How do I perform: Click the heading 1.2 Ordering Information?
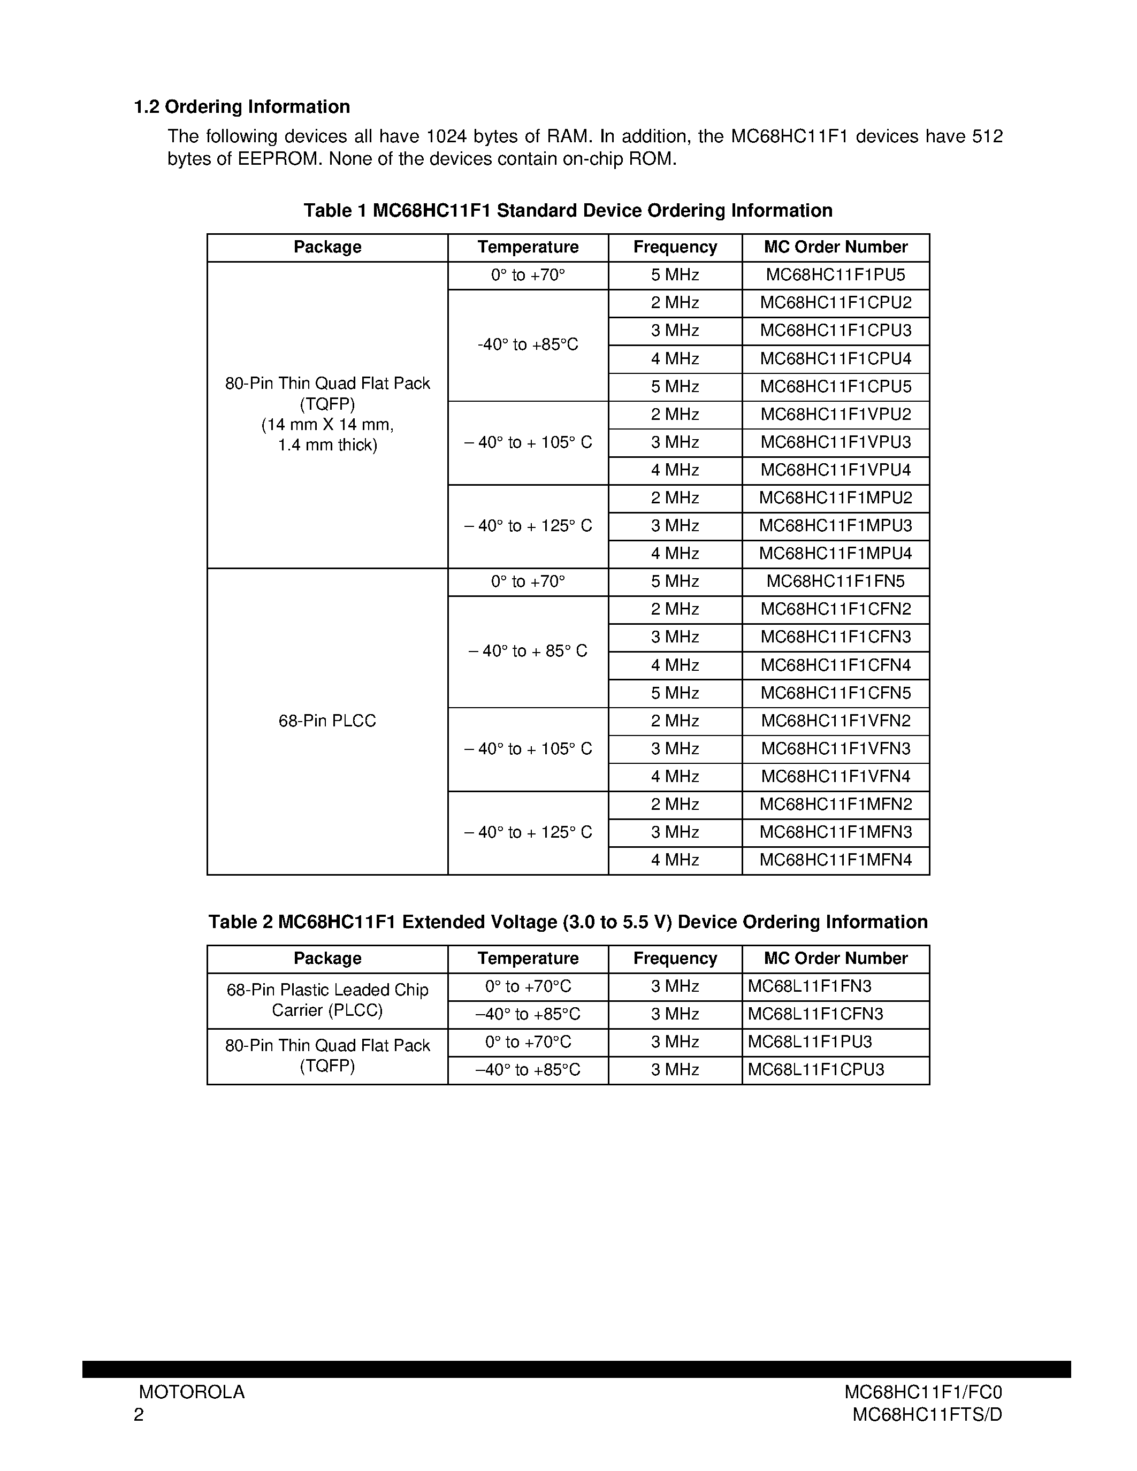[x=242, y=107]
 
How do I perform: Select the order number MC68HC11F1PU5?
[x=835, y=275]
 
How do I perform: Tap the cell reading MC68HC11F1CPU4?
[x=835, y=358]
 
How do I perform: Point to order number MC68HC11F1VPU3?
[x=835, y=442]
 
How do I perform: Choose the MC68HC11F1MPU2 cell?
[x=835, y=498]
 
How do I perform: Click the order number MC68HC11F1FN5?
[x=835, y=581]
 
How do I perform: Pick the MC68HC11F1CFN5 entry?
[x=835, y=693]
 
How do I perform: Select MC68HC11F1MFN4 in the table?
[x=835, y=860]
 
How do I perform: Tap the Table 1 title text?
[x=568, y=211]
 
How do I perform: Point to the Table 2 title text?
[x=568, y=922]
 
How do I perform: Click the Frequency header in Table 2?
[x=675, y=959]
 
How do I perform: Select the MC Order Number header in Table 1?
[x=835, y=247]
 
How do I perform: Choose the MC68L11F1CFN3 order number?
[x=815, y=1014]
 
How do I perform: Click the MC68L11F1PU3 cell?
[x=810, y=1042]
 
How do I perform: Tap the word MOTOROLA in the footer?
[x=192, y=1392]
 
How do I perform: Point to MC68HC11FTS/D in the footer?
[x=927, y=1414]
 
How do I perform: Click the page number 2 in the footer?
[x=139, y=1414]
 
